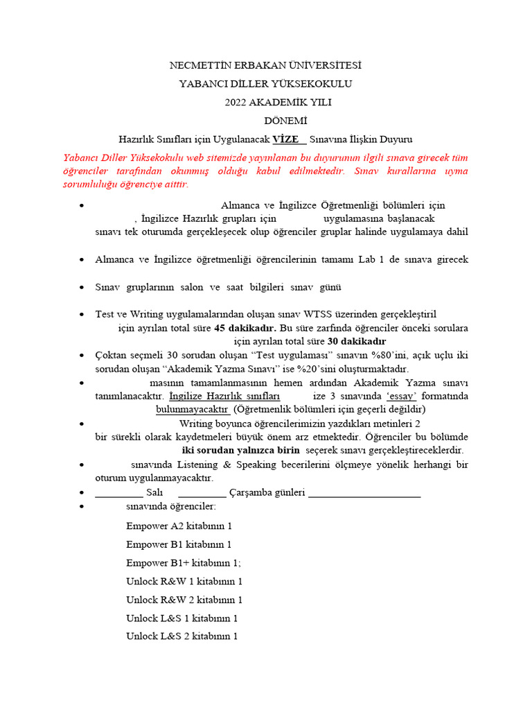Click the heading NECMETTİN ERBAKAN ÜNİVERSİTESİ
(x=266, y=65)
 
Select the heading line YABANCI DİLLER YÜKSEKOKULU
(x=266, y=83)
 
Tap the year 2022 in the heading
(x=236, y=102)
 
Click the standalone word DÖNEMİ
(x=266, y=120)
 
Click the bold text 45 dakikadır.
(x=245, y=327)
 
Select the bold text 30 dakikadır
(x=356, y=341)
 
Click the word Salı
(x=154, y=492)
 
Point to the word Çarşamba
(x=256, y=492)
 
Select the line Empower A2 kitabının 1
(x=179, y=526)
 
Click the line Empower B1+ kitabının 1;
(x=184, y=563)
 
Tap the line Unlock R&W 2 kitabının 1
(x=184, y=600)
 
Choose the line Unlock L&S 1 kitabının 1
(x=182, y=618)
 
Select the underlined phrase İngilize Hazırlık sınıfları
(x=224, y=396)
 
